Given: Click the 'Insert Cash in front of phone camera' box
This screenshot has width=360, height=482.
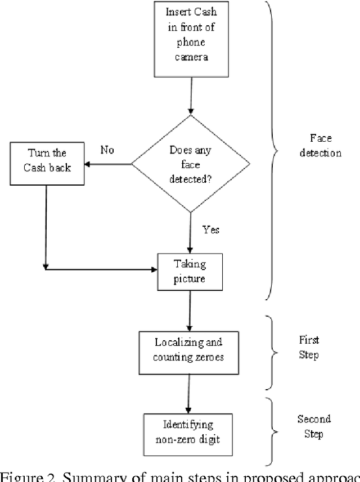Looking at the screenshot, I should pyautogui.click(x=191, y=39).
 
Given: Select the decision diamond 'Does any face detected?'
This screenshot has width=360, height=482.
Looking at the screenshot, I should pyautogui.click(x=191, y=164).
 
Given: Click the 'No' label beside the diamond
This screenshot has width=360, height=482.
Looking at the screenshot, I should pyautogui.click(x=107, y=150).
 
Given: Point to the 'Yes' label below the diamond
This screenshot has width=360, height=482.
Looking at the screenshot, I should pyautogui.click(x=210, y=229).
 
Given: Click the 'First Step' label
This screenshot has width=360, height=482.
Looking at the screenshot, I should pyautogui.click(x=309, y=348).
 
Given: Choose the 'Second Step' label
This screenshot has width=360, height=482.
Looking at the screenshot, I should pyautogui.click(x=313, y=427).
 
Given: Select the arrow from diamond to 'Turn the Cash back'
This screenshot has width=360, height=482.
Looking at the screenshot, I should pyautogui.click(x=109, y=164).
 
